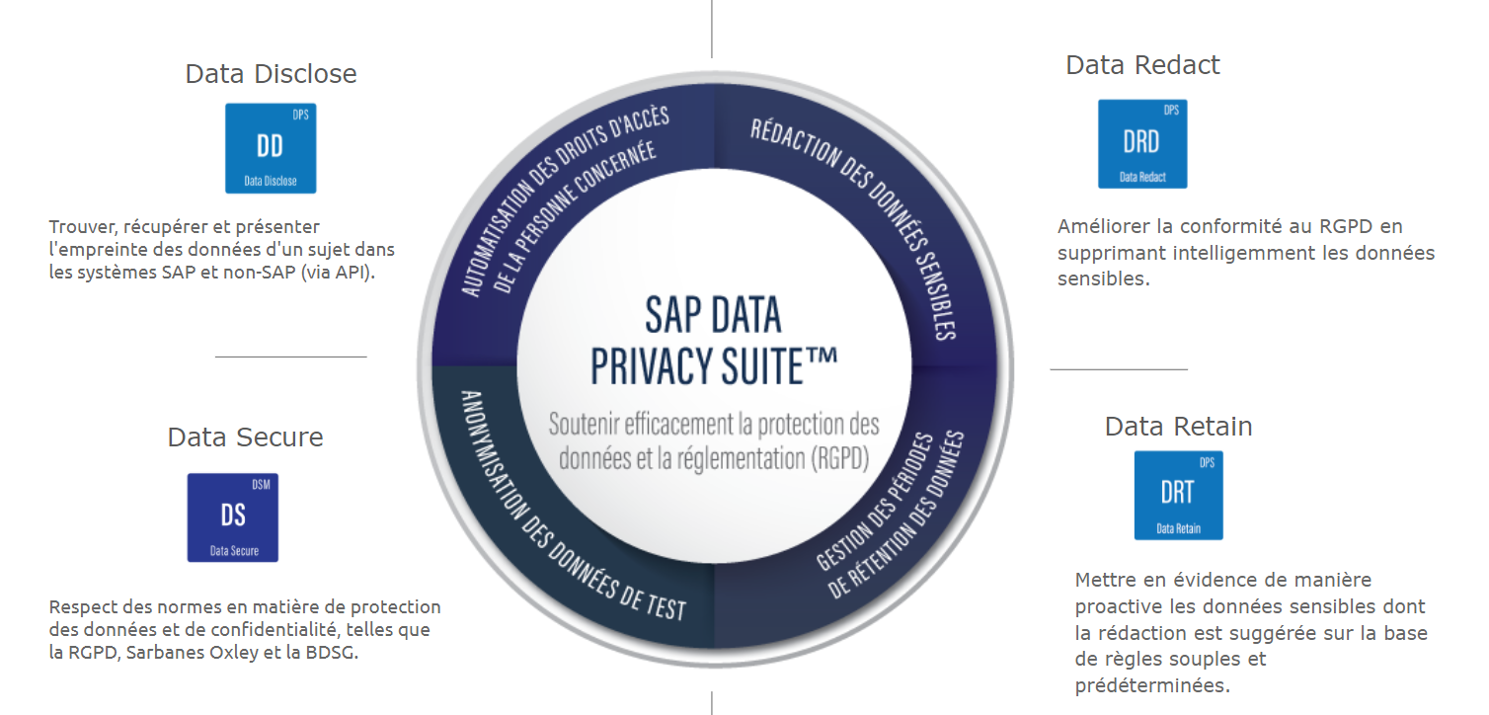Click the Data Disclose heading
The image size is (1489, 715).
pos(271,74)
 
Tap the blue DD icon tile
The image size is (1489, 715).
pos(271,148)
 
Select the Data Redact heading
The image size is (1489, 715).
pos(1142,65)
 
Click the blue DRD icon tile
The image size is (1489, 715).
pos(1142,144)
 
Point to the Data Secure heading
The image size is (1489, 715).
pos(245,437)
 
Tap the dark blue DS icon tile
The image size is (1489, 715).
pos(233,517)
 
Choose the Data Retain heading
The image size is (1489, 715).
pos(1178,427)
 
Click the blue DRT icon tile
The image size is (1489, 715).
pos(1178,495)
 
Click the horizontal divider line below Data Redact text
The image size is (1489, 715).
pos(1118,369)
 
